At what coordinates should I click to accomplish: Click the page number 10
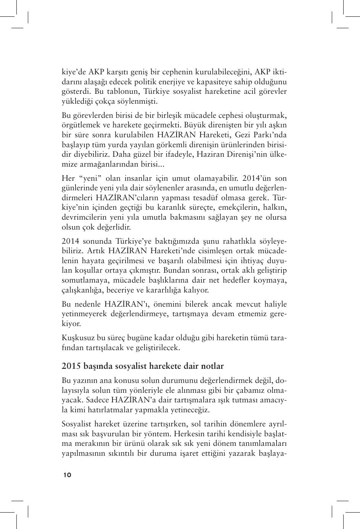67,475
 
